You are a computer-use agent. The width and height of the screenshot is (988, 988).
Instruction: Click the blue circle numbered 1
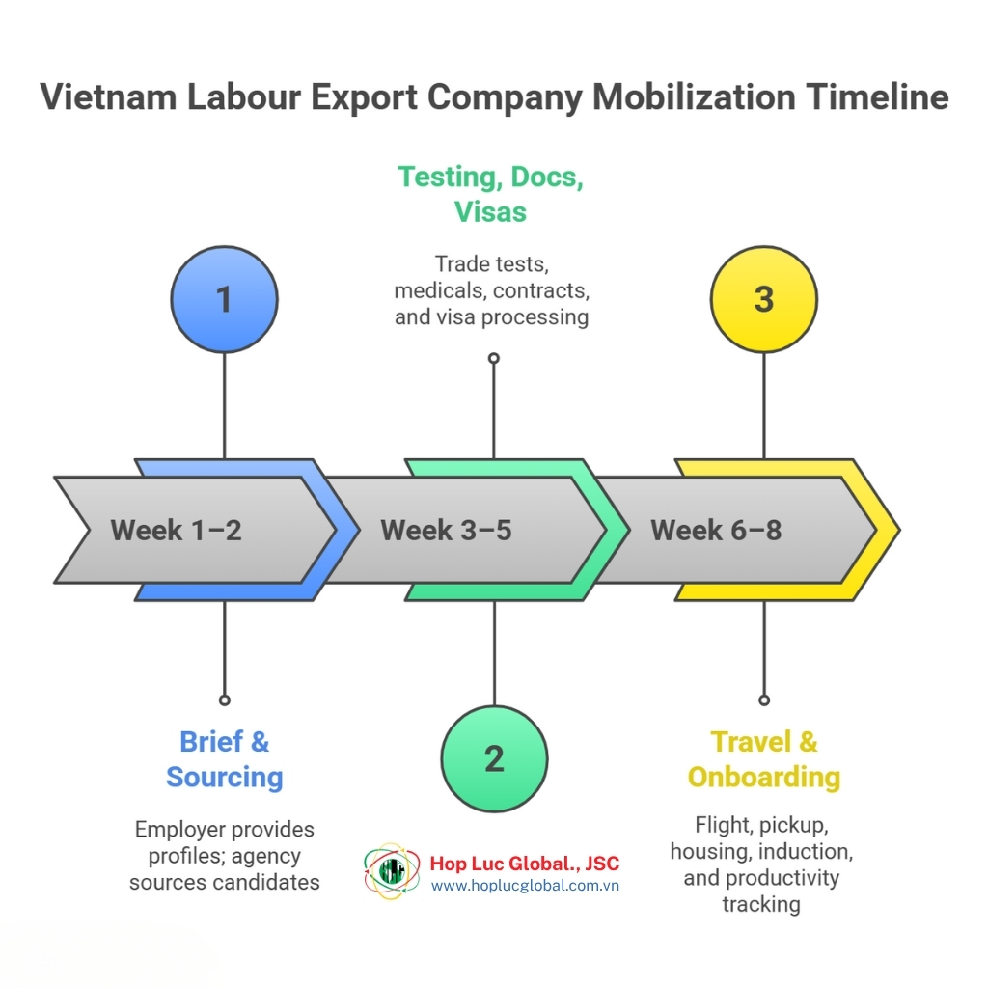click(224, 299)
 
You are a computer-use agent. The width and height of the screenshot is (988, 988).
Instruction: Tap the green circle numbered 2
click(494, 757)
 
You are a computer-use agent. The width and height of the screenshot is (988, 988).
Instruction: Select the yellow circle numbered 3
click(763, 299)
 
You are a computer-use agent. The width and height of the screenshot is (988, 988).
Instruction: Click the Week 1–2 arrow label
click(176, 530)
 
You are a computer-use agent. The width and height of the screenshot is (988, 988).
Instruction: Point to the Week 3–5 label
click(446, 530)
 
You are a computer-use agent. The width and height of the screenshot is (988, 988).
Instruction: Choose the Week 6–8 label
click(716, 530)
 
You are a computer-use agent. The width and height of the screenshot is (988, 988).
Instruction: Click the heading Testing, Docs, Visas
click(491, 194)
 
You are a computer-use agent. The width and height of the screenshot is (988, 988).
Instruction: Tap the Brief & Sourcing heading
click(225, 759)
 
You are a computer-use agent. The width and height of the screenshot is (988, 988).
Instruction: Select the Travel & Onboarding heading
click(763, 759)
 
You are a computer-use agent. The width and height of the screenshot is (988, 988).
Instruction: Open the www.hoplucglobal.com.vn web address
click(525, 885)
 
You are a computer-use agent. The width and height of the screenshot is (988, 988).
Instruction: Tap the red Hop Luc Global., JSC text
click(525, 863)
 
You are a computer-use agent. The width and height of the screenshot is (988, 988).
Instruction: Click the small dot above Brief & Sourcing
click(224, 700)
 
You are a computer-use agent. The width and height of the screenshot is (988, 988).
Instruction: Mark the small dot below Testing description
click(494, 358)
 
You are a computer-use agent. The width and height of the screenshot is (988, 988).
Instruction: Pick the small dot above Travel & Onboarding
click(764, 700)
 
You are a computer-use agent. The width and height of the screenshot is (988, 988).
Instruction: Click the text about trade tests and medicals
click(491, 289)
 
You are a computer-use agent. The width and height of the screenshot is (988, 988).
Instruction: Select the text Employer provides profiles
click(225, 829)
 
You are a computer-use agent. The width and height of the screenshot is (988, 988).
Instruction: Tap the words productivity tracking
click(761, 891)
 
